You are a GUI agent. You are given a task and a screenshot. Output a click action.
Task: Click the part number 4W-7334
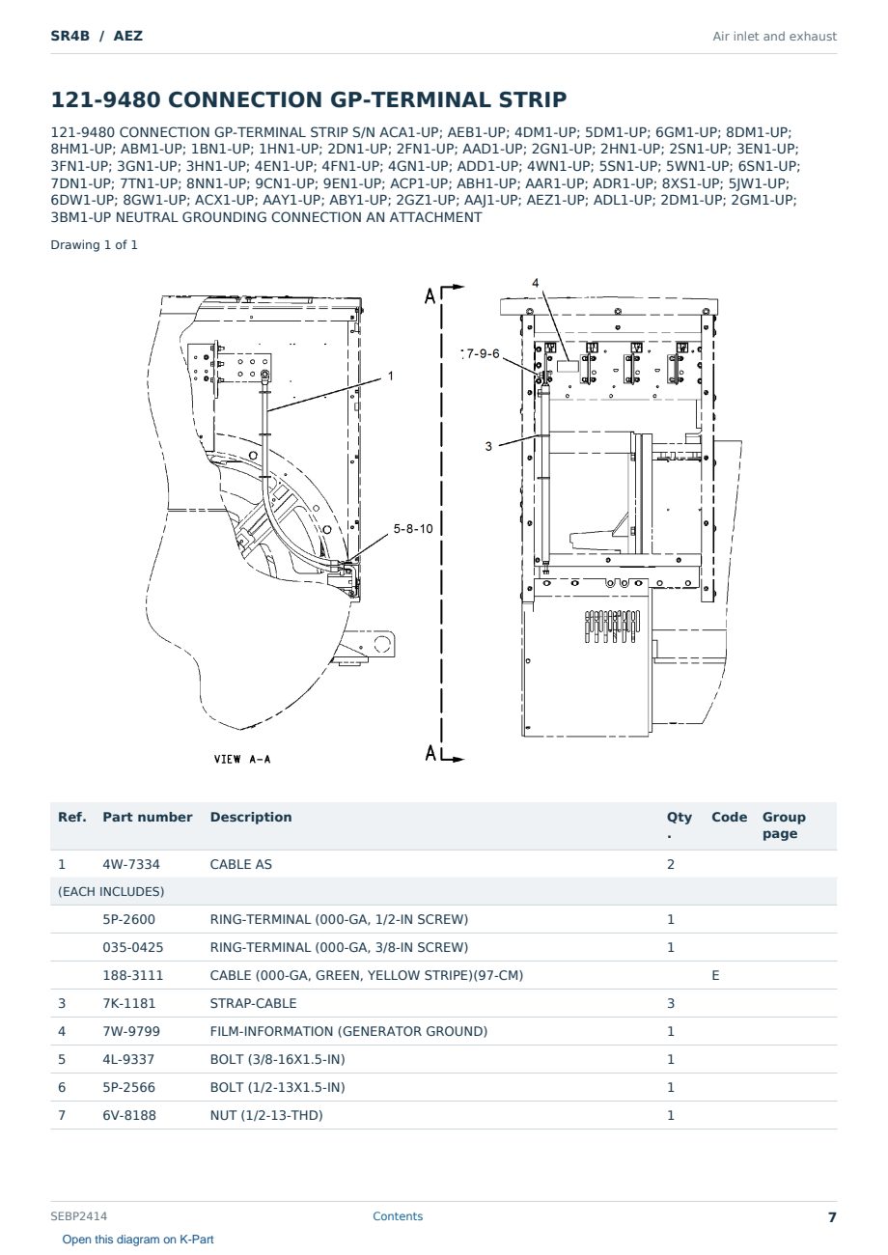coord(130,864)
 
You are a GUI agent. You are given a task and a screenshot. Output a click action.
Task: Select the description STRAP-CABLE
coord(253,1003)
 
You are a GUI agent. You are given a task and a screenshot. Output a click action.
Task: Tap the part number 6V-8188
coord(129,1115)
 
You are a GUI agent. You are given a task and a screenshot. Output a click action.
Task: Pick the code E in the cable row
coord(715,975)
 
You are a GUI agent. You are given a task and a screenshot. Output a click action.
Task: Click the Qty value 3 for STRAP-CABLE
coord(671,1003)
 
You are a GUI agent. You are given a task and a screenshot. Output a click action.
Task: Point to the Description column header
coord(250,817)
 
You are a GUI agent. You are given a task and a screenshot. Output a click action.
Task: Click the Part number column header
coord(147,817)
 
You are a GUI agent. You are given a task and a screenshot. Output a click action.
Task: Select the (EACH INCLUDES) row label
coord(111,891)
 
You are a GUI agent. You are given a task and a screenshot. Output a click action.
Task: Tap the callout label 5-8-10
coord(413,528)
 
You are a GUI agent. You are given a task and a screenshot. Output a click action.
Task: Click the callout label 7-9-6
coord(483,353)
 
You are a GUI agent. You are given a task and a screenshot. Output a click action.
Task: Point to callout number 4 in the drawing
coord(535,283)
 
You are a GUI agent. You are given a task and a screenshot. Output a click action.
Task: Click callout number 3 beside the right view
coord(488,446)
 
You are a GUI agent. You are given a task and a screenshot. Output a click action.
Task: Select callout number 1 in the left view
coord(391,376)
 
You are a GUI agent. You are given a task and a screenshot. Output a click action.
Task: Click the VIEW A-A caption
coord(242,759)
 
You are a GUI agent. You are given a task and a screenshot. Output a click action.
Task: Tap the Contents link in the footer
coord(398,1216)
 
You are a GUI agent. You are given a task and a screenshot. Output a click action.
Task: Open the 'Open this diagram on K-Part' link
coord(138,1240)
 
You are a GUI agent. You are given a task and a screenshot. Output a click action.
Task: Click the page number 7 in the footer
coord(832,1217)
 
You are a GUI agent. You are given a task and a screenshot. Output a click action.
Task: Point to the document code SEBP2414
coord(78,1216)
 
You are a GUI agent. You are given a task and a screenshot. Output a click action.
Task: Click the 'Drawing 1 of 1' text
coord(94,245)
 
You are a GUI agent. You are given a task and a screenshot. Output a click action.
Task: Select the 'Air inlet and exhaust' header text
coord(774,37)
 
